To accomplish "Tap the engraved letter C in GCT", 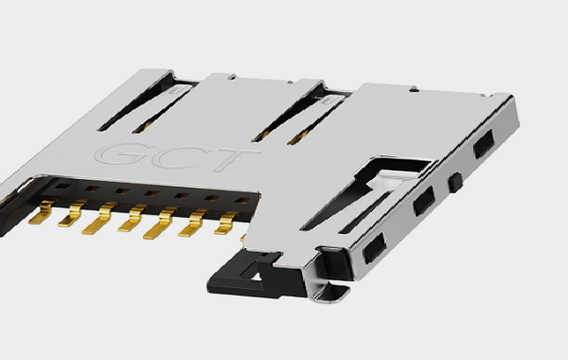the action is tap(179, 157).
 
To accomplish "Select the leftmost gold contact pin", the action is tap(43, 212).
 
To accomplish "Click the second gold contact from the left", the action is tap(73, 214).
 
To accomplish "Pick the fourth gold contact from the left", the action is tap(133, 218).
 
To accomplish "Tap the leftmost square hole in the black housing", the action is tap(63, 187).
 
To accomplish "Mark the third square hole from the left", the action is tap(123, 190).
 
